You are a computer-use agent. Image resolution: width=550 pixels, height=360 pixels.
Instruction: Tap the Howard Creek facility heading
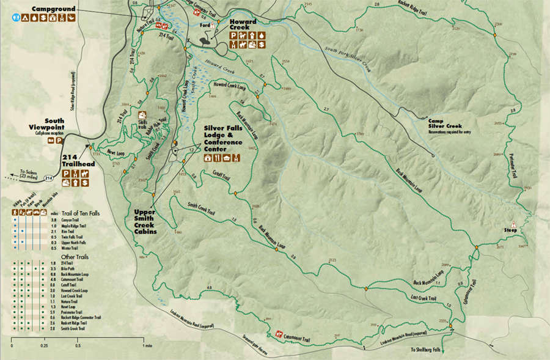[x=243, y=26]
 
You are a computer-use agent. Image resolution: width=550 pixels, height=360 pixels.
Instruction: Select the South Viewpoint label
[x=46, y=124]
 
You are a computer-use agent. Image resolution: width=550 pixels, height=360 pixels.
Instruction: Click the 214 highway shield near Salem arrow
[x=49, y=178]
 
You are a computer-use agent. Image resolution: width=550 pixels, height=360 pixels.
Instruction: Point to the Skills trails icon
[x=142, y=114]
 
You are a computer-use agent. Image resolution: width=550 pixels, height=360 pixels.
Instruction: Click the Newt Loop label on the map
[x=116, y=153]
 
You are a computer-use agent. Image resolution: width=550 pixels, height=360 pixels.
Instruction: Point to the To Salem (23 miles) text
[x=27, y=174]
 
